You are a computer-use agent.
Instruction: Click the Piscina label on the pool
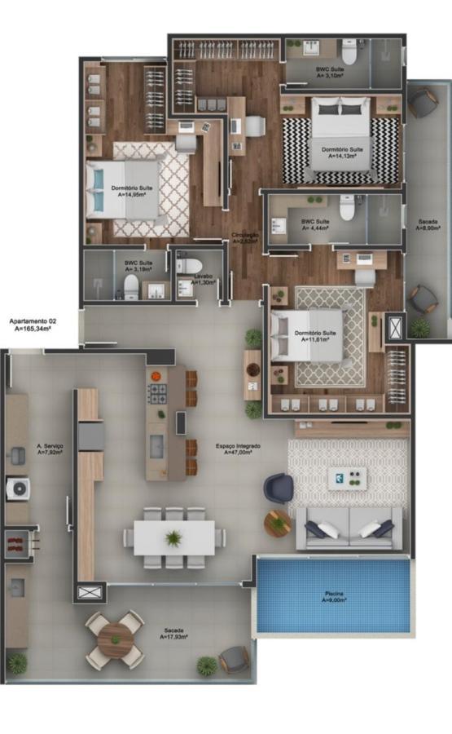point(332,595)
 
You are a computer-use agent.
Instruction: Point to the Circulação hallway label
point(245,237)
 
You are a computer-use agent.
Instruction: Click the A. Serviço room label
point(50,449)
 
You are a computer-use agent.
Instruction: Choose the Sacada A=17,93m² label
point(173,634)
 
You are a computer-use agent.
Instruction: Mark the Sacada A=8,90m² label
point(428,225)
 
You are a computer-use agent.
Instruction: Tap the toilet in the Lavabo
point(187,265)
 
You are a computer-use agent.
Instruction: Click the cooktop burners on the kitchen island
point(156,394)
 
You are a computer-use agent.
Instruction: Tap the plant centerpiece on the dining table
point(173,537)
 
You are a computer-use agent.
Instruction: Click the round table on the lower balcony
point(115,640)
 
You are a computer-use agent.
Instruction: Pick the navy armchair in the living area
point(277,489)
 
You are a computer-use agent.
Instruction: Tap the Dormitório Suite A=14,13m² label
point(341,153)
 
